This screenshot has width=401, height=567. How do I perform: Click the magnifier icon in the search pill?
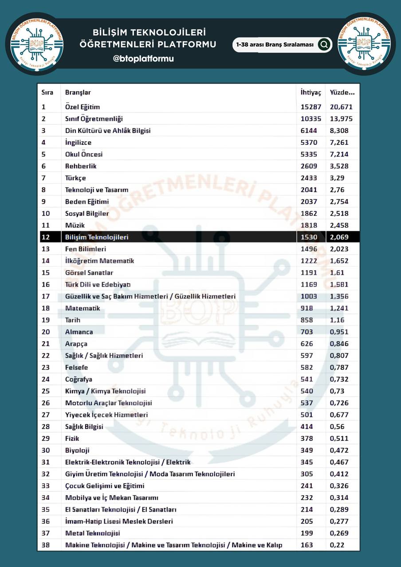324,44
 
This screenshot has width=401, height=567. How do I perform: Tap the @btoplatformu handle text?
143,58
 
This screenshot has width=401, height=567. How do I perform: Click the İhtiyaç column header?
311,93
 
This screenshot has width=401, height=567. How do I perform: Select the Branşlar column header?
78,93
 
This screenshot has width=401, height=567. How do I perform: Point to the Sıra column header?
47,93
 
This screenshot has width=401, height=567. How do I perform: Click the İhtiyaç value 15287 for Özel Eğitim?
311,107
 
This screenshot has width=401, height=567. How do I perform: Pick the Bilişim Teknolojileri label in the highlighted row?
97,237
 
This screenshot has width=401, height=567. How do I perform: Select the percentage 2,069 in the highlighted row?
339,237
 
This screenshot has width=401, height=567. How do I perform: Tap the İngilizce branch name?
79,143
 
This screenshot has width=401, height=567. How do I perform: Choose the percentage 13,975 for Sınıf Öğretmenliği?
341,119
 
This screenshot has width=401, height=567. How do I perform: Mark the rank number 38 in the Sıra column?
46,545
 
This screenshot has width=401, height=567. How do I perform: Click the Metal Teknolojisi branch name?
93,533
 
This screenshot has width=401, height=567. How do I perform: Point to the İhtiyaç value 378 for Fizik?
307,439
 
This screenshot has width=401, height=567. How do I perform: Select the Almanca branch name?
79,332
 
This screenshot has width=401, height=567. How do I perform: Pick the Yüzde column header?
342,93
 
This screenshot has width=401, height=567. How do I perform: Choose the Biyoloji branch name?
77,450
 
